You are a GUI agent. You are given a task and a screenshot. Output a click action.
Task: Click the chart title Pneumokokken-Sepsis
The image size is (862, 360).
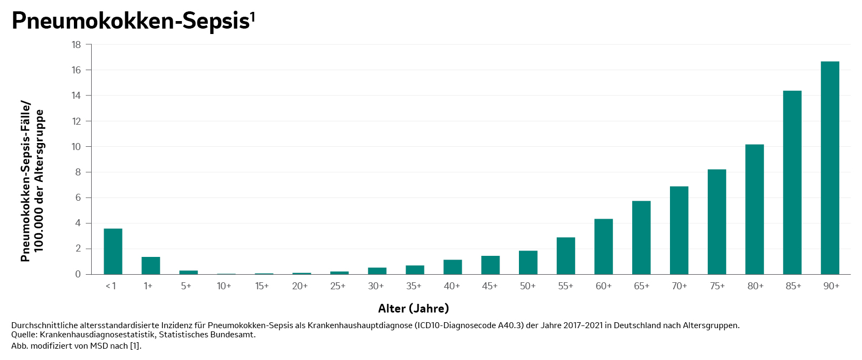(130, 21)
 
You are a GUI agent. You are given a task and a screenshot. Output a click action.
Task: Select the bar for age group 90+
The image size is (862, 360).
(830, 168)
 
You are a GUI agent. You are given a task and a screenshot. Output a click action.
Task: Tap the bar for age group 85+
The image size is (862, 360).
(792, 182)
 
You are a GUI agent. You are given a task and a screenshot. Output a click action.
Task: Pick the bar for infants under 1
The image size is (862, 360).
(113, 252)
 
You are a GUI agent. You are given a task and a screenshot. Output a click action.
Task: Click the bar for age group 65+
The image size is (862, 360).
(641, 237)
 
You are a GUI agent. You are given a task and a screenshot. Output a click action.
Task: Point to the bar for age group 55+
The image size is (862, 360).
(565, 256)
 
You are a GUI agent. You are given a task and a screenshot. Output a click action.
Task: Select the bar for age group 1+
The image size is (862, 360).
(150, 266)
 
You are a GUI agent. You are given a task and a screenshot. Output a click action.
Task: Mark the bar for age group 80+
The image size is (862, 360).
(754, 209)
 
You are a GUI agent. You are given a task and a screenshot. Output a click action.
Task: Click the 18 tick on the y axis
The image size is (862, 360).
(76, 45)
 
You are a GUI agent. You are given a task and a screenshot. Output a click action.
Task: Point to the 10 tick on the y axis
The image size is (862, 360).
(76, 147)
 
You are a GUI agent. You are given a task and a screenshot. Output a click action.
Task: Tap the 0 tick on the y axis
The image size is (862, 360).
(78, 274)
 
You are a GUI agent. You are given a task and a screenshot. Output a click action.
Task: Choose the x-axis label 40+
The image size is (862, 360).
(451, 286)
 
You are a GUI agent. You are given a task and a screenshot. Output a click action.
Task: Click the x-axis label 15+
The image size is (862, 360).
(262, 286)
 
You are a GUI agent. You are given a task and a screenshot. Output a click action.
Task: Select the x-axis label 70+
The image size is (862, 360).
(679, 286)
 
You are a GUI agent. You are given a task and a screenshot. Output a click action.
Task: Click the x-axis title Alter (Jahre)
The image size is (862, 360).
(413, 309)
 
